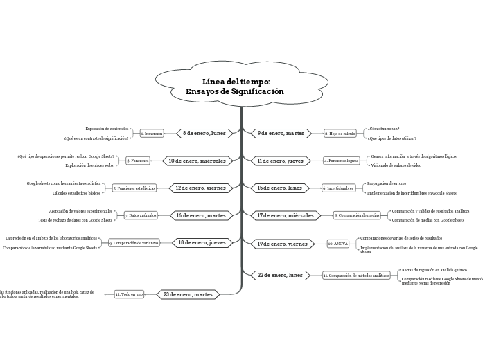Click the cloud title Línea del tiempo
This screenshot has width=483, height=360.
pyautogui.click(x=236, y=87)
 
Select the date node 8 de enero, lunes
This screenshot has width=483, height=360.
pyautogui.click(x=203, y=133)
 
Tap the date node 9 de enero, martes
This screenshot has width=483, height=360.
pyautogui.click(x=281, y=133)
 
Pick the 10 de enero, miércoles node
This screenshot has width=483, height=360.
pyautogui.click(x=197, y=161)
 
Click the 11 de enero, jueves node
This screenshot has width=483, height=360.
pyautogui.click(x=280, y=161)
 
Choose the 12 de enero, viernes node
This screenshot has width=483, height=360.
pyautogui.click(x=200, y=188)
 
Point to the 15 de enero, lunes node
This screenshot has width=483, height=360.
pyautogui.click(x=279, y=188)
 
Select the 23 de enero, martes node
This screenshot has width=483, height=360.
pyautogui.click(x=188, y=294)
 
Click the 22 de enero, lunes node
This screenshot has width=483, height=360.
pyautogui.click(x=280, y=275)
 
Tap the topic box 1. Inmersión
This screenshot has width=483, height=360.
pyautogui.click(x=152, y=133)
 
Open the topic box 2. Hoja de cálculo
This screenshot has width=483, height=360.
pyautogui.click(x=340, y=133)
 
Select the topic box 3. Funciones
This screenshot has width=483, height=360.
pyautogui.click(x=138, y=161)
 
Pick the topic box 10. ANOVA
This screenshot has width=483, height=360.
pyautogui.click(x=339, y=244)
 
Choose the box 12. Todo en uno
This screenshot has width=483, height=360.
pyautogui.click(x=129, y=294)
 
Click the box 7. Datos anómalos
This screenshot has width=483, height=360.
pyautogui.click(x=141, y=215)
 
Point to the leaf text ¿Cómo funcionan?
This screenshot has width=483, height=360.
pyautogui.click(x=384, y=128)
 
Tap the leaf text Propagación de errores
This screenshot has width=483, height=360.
pyautogui.click(x=387, y=183)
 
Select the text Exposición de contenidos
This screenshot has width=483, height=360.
pyautogui.click(x=107, y=128)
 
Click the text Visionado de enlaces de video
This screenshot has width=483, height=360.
pyautogui.click(x=396, y=165)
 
